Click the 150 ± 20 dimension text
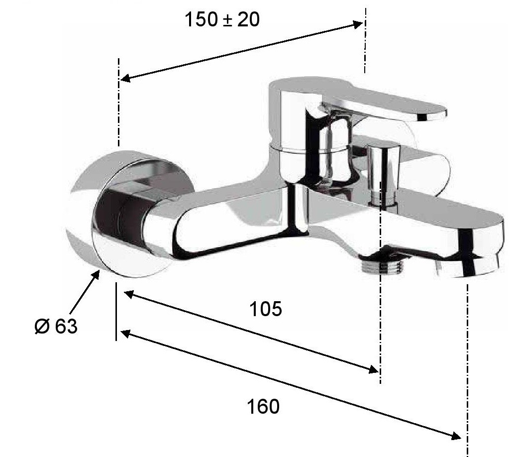[x=222, y=19]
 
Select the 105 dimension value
[x=266, y=309]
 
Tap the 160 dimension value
[x=263, y=406]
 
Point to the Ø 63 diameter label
[x=56, y=326]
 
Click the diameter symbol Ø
[x=42, y=326]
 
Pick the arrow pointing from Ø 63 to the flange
[x=85, y=292]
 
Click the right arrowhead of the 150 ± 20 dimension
[x=358, y=24]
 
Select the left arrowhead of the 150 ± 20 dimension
[x=126, y=78]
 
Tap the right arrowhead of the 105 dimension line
[x=374, y=369]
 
